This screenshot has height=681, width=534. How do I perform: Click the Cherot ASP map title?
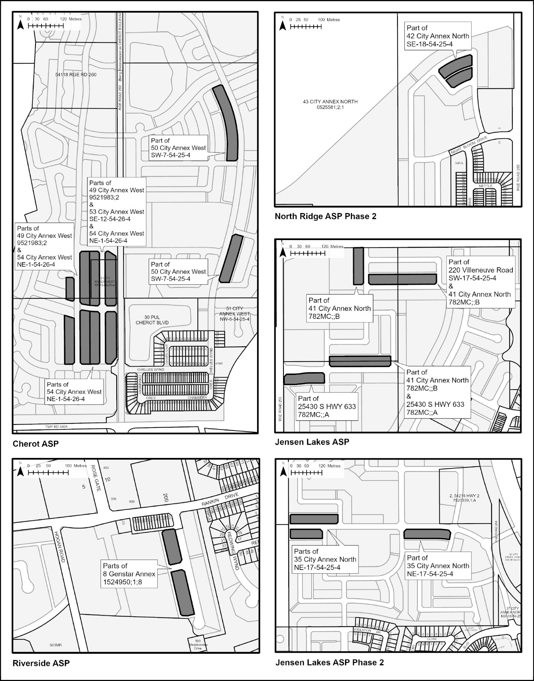(x=36, y=444)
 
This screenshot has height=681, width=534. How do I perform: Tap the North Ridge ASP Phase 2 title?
(x=325, y=216)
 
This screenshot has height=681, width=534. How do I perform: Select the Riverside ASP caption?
(x=41, y=663)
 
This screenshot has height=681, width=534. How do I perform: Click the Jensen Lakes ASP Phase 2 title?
(x=329, y=662)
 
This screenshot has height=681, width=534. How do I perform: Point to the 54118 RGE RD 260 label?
(x=76, y=75)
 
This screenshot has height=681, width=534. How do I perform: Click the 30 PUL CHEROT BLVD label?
(x=152, y=320)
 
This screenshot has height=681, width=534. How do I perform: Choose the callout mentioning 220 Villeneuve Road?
(x=480, y=282)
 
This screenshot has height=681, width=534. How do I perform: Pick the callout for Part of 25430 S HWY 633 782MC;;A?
(x=327, y=407)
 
